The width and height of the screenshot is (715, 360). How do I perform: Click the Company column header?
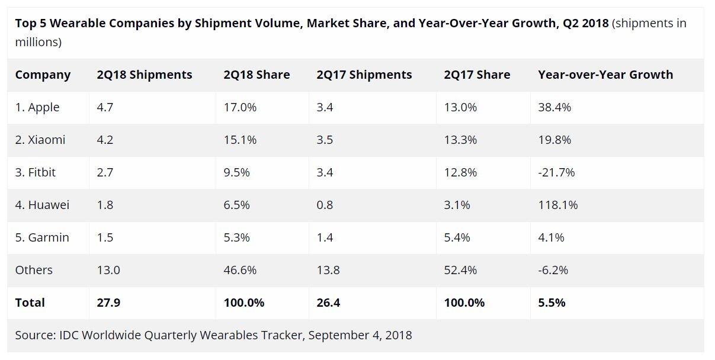click(x=43, y=75)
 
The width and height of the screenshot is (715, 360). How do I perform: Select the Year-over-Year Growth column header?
click(x=605, y=75)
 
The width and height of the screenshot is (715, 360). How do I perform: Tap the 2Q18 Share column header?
click(x=256, y=75)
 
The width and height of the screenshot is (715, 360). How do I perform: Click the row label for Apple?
click(x=37, y=108)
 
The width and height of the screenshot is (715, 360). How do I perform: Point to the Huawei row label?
click(x=42, y=205)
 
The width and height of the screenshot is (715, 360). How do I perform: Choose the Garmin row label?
click(x=42, y=238)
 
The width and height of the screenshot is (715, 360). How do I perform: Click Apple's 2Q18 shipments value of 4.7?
click(x=105, y=108)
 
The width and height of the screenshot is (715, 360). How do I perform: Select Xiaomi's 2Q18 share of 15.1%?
click(x=240, y=140)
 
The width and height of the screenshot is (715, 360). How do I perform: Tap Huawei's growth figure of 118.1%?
click(x=557, y=205)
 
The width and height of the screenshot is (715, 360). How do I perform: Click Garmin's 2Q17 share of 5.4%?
click(x=457, y=238)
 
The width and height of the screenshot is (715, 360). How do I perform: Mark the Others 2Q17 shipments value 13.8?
click(x=328, y=271)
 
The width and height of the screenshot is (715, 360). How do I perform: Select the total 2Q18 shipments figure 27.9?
click(x=109, y=303)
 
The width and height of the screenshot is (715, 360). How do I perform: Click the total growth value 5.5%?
click(x=552, y=303)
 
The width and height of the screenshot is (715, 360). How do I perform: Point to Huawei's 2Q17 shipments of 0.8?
click(x=325, y=205)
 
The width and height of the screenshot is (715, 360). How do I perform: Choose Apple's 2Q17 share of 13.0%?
click(x=460, y=108)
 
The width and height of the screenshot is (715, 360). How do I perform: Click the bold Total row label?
click(x=30, y=303)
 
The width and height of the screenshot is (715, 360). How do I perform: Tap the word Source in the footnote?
click(x=35, y=336)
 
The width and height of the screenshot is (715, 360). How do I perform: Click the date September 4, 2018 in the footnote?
click(x=360, y=336)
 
